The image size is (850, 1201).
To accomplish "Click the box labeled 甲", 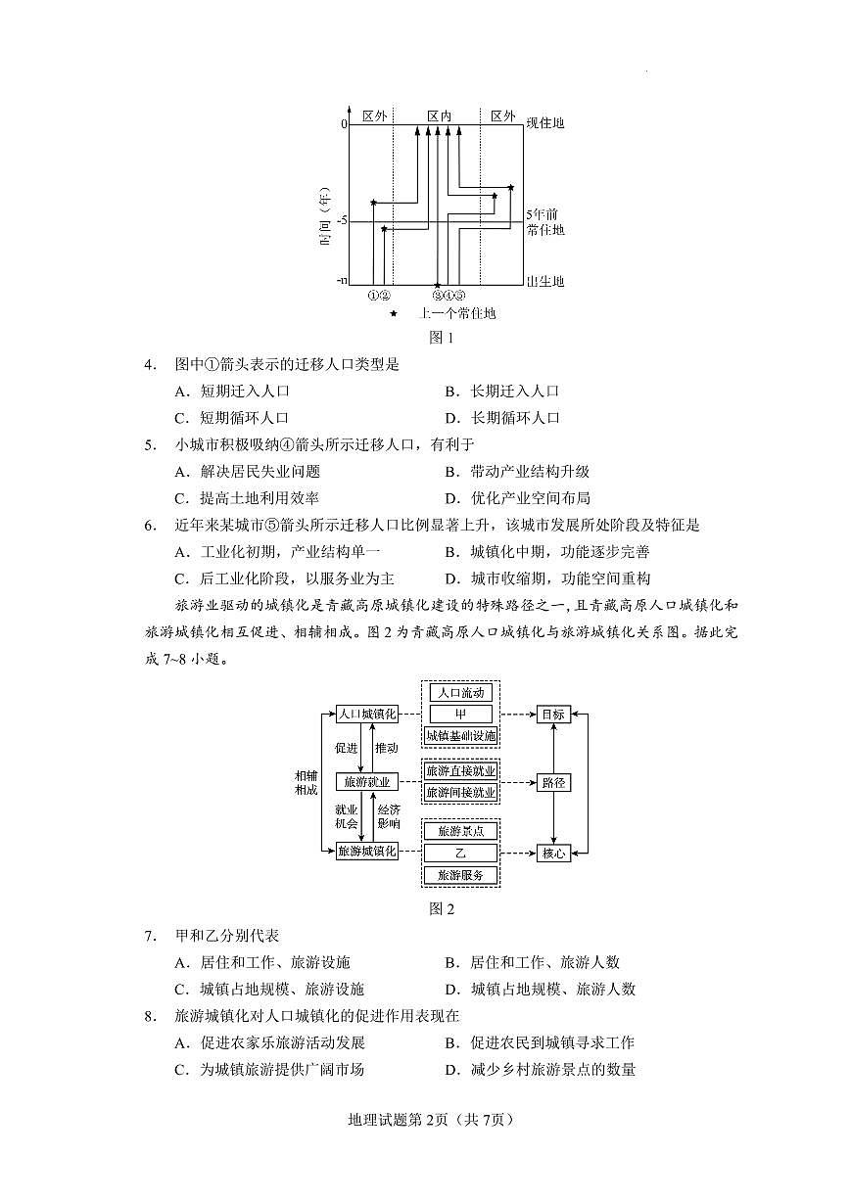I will [x=460, y=715].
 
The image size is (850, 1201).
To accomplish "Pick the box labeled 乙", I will [x=460, y=853].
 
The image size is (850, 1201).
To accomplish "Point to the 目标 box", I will [x=553, y=715].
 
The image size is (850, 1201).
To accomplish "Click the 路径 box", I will [x=553, y=783].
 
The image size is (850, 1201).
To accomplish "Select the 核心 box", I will [x=553, y=853].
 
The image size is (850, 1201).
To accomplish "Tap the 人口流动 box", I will [x=460, y=693].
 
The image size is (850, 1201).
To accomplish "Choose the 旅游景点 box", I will [x=460, y=831].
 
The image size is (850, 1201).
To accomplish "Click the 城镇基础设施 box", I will [x=460, y=736].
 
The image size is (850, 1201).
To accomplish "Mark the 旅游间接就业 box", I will [x=460, y=792].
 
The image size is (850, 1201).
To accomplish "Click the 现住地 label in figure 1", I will [x=545, y=123].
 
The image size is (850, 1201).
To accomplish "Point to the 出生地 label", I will [x=545, y=282].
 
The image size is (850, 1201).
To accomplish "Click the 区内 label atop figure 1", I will [x=439, y=115].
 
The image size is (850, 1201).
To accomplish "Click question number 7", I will [x=150, y=936].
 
